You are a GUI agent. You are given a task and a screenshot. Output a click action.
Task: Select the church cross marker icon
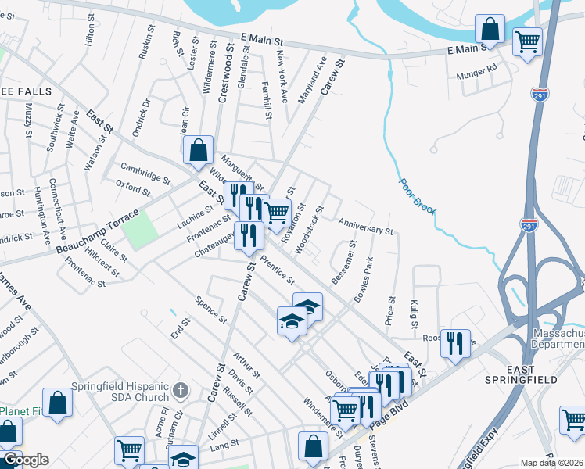pos(181,388)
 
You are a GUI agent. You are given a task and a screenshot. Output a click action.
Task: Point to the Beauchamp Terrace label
pos(99,232)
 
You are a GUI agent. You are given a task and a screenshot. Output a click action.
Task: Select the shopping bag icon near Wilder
pos(199,149)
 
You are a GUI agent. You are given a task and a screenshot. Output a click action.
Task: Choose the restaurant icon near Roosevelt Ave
pos(455,342)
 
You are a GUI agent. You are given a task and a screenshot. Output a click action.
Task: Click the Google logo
pos(26,460)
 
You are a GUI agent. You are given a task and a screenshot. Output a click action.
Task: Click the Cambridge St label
pos(145,173)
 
